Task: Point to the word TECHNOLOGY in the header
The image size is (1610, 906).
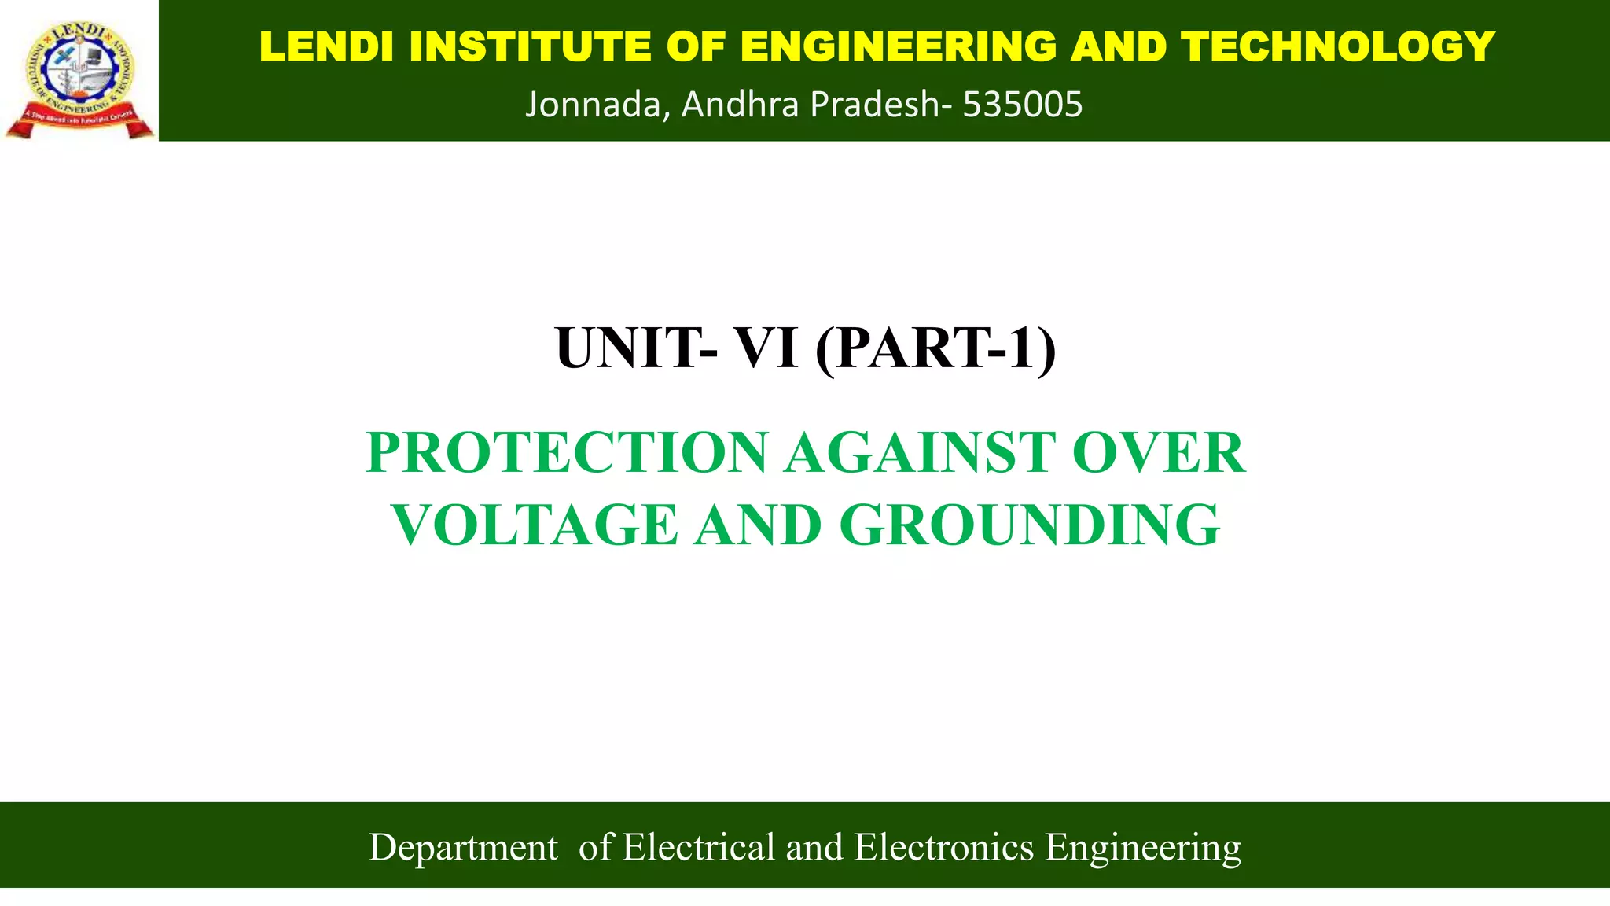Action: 1337,46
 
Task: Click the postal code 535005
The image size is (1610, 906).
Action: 1023,105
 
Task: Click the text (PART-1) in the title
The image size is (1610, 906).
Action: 936,348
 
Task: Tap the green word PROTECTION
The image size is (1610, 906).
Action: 567,453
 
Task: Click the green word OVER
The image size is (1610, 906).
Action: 1159,453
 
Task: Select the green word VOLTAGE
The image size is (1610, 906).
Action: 535,525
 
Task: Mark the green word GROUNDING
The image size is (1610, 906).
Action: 1030,525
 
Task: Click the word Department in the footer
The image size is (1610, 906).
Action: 463,848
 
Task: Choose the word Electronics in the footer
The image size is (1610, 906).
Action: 943,847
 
